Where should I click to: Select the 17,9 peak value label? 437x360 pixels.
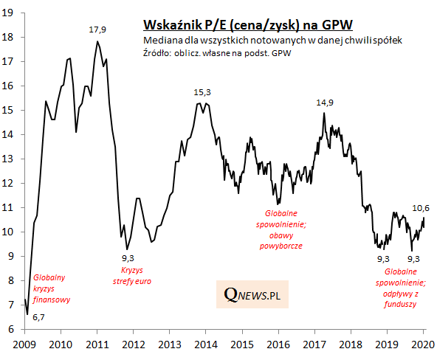click(x=98, y=30)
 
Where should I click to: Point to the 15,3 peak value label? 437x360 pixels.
click(x=202, y=92)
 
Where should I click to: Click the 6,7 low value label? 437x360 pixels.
click(x=38, y=316)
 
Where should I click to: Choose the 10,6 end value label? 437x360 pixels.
click(x=421, y=207)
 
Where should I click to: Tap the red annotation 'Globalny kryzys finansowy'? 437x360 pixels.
click(x=49, y=289)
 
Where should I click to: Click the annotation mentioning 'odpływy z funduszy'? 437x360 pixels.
click(x=402, y=292)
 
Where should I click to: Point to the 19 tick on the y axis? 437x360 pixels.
click(x=10, y=13)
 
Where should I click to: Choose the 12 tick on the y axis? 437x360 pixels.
click(x=10, y=183)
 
